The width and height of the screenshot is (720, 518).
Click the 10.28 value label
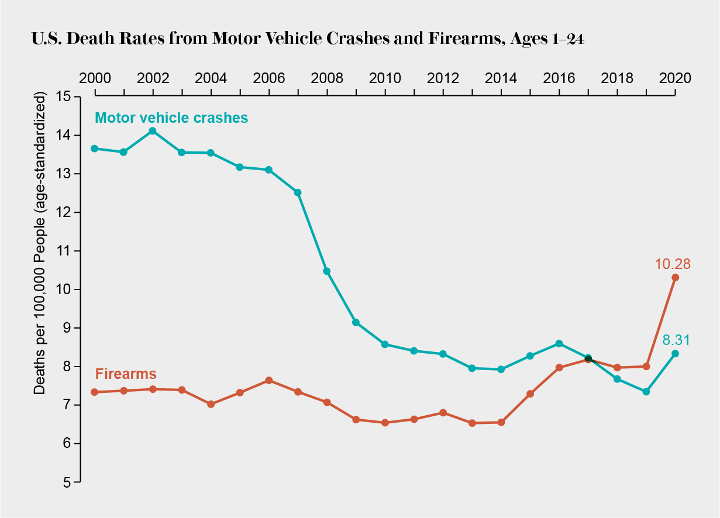(673, 264)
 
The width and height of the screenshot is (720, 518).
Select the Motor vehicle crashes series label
(171, 118)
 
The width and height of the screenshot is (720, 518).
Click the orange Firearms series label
(125, 374)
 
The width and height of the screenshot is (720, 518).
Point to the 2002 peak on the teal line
(153, 131)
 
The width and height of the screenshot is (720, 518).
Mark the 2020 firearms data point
(675, 277)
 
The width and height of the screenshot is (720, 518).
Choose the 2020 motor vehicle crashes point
(675, 354)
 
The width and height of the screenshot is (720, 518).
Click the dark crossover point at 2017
(588, 358)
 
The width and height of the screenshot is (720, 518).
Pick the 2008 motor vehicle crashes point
(327, 271)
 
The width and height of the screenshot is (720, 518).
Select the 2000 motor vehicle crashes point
(94, 149)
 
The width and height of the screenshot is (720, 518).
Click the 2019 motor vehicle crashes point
(646, 392)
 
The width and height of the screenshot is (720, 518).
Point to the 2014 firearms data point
(501, 422)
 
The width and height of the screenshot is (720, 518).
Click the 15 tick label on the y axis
(63, 96)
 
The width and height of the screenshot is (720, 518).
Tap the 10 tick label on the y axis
(63, 289)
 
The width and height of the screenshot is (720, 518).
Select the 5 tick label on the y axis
(66, 482)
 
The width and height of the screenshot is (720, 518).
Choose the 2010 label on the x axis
(385, 78)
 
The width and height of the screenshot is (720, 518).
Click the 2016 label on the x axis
(559, 78)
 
